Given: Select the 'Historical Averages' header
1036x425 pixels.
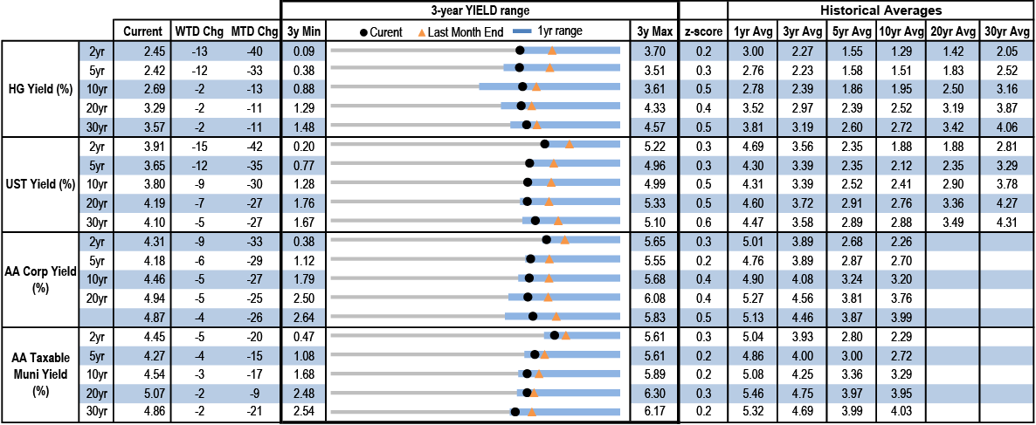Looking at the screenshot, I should [881, 10].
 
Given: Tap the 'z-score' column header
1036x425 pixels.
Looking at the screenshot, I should [703, 31].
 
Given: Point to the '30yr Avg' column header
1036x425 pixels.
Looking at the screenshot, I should [1006, 31].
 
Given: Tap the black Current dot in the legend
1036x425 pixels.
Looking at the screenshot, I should [363, 32].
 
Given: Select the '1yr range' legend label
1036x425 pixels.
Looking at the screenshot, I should [558, 31].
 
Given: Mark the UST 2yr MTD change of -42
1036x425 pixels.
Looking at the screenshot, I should [250, 146].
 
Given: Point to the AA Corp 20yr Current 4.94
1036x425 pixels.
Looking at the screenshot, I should [142, 298].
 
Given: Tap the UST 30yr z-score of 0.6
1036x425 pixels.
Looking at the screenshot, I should [703, 221].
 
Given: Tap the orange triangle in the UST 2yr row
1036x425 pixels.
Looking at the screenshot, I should [569, 145].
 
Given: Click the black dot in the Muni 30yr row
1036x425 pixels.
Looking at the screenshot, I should [515, 412].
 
